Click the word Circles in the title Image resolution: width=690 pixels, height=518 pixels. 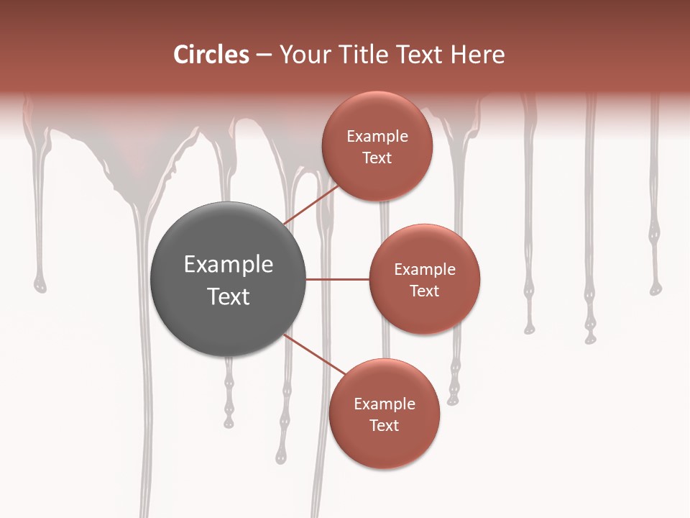pyautogui.click(x=211, y=55)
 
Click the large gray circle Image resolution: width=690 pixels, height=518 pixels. pyautogui.click(x=229, y=279)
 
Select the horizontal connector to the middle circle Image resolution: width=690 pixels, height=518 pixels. pyautogui.click(x=338, y=279)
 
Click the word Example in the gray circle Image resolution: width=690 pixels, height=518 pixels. pyautogui.click(x=229, y=264)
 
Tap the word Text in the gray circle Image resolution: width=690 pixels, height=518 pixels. pyautogui.click(x=229, y=296)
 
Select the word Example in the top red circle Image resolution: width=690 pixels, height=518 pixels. pyautogui.click(x=377, y=136)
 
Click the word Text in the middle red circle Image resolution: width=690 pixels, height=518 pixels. pyautogui.click(x=425, y=291)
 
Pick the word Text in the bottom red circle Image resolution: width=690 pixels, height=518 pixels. pyautogui.click(x=384, y=425)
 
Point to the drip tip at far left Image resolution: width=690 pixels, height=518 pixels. pyautogui.click(x=40, y=286)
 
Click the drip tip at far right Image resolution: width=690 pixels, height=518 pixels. pyautogui.click(x=655, y=288)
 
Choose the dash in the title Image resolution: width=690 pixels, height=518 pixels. pyautogui.click(x=263, y=55)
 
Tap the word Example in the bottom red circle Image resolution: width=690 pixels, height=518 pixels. pyautogui.click(x=385, y=404)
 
